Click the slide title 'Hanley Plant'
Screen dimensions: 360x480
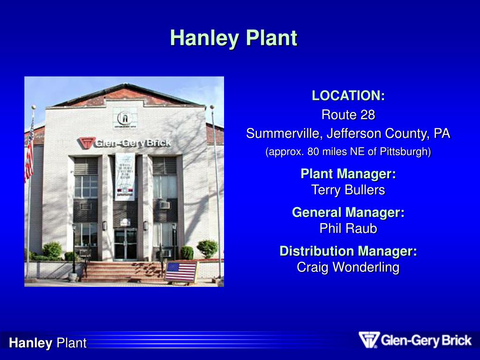coord(233,38)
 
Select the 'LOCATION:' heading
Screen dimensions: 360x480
coord(348,96)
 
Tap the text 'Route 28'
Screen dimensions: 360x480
coord(348,115)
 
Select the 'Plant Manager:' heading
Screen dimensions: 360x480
coord(348,174)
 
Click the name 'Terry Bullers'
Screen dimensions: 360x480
coord(348,190)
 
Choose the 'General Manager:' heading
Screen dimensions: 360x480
coord(348,213)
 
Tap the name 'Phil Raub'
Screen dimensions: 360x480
coord(348,229)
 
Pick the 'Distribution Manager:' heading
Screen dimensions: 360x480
coord(348,251)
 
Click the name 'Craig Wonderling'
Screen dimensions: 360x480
coord(348,268)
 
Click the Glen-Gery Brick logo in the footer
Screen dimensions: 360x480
coord(415,340)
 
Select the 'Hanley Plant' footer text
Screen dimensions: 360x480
coord(48,343)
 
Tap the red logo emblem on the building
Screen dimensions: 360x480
coord(86,143)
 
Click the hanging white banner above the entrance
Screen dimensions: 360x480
coord(125,176)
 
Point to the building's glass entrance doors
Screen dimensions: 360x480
coord(125,244)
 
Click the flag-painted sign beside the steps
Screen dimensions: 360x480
coord(180,271)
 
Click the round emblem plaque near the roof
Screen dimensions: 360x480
coord(125,118)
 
